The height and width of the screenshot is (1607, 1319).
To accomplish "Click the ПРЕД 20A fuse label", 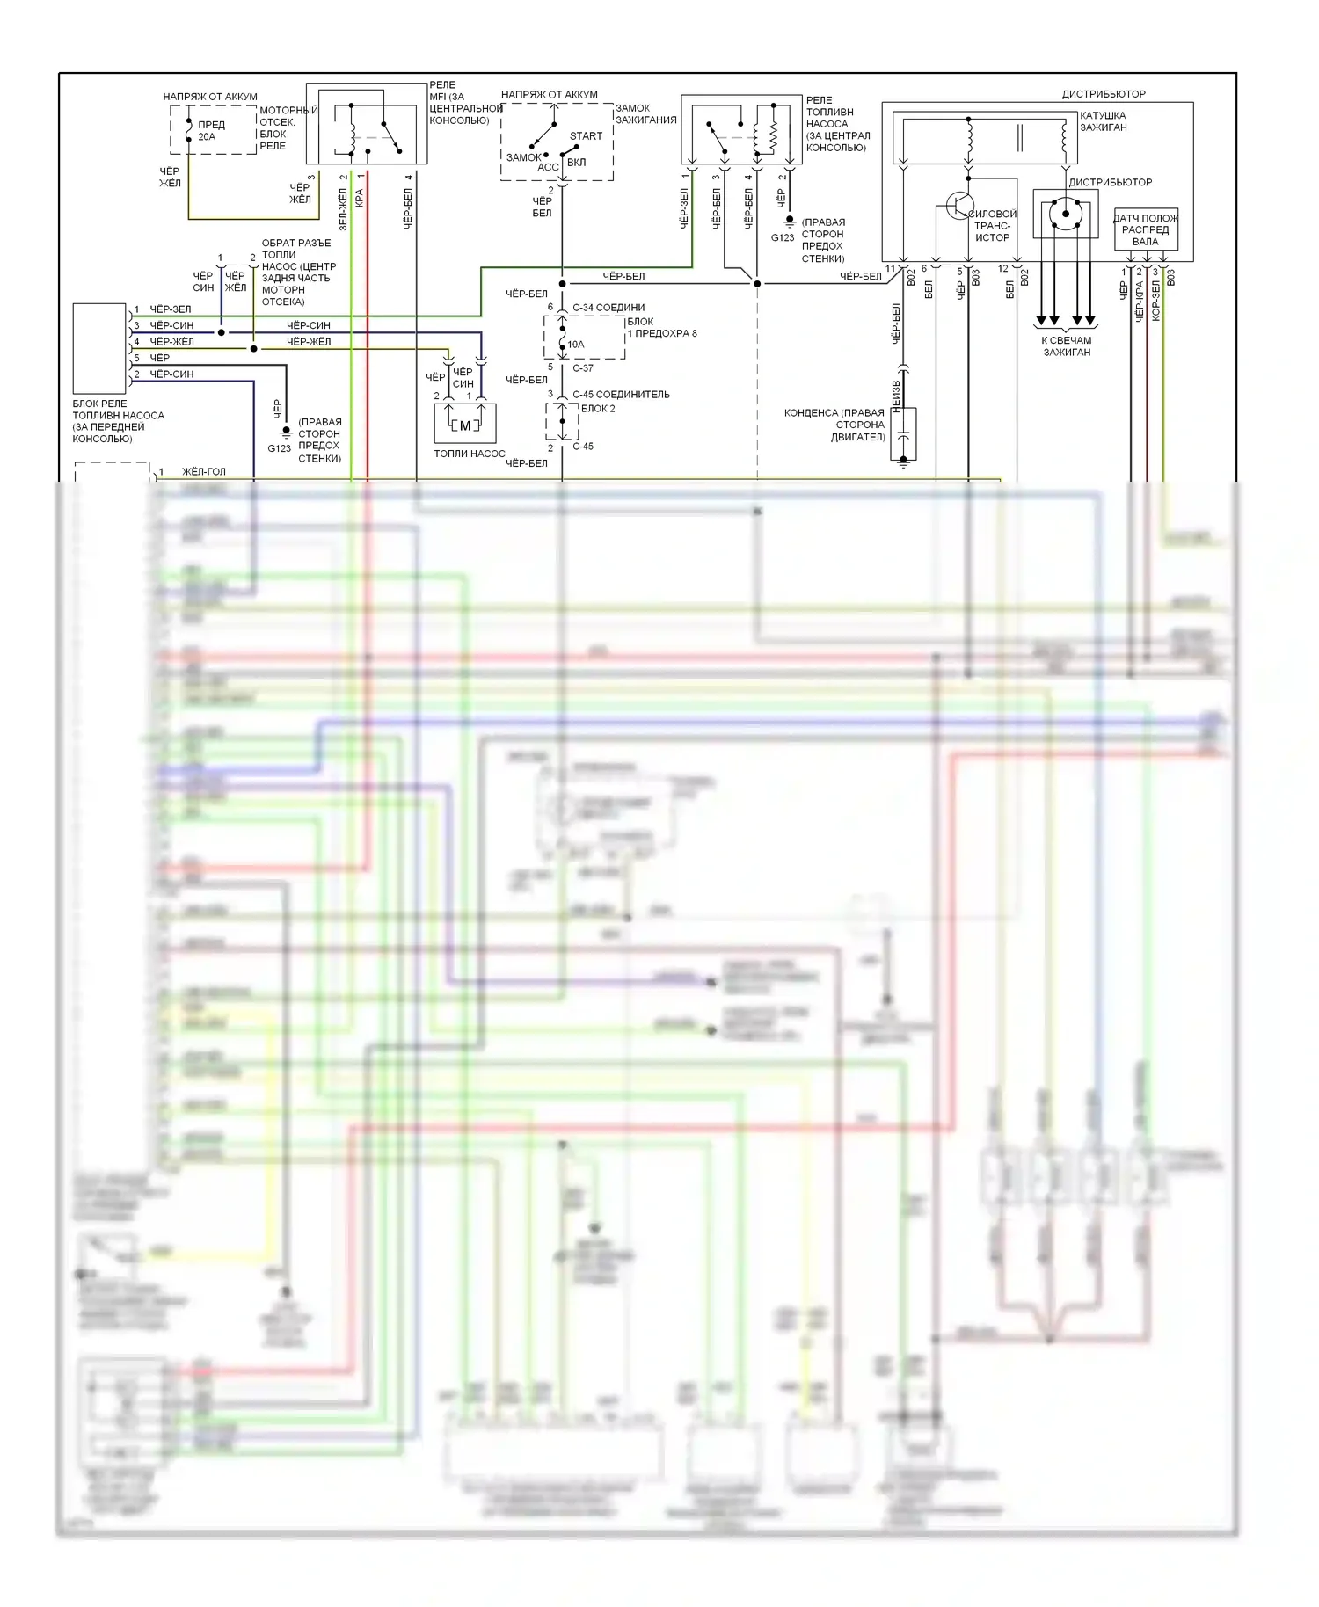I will click(210, 130).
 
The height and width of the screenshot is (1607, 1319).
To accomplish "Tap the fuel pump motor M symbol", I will click(464, 426).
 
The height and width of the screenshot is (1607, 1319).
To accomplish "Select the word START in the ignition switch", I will click(586, 136).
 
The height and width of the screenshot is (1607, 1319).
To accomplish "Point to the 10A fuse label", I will click(575, 345).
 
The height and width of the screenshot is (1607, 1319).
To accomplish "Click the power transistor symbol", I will click(958, 206).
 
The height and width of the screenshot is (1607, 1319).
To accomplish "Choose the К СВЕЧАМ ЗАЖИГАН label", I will click(1066, 346).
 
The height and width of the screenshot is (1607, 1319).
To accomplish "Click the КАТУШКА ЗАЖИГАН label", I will click(1103, 121).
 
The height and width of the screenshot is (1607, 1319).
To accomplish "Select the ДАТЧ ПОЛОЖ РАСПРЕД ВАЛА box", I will click(1145, 230).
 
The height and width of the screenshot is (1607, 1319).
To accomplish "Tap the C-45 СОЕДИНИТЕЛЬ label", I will click(621, 395).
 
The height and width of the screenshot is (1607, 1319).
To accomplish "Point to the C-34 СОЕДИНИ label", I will click(608, 308).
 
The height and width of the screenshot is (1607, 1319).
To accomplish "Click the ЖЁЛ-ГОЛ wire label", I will click(204, 472).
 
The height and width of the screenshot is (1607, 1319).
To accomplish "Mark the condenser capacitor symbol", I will click(903, 434).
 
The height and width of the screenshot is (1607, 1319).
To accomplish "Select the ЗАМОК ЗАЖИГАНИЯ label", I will click(645, 114).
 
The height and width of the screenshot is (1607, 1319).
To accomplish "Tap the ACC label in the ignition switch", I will click(548, 167).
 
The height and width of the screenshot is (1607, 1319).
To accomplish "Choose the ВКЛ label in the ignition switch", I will click(576, 163).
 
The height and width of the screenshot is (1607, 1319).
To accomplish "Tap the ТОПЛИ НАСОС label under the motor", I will click(470, 454).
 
